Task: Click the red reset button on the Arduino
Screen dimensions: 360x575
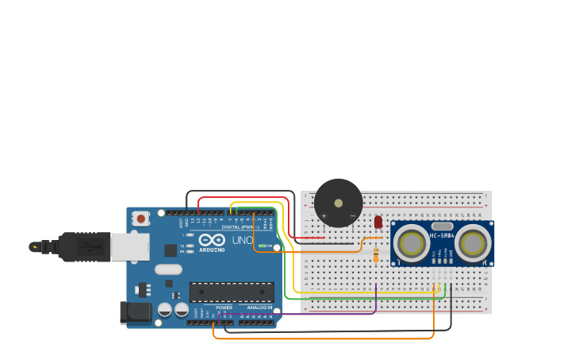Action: click(x=141, y=218)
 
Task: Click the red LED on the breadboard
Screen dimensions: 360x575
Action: click(x=378, y=223)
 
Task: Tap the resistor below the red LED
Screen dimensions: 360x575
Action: click(x=375, y=254)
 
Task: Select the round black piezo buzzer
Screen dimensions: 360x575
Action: click(x=339, y=203)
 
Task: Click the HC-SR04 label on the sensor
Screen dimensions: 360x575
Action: click(x=442, y=235)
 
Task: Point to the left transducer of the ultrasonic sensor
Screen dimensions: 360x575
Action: click(x=412, y=244)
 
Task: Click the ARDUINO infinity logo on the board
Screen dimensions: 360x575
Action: click(x=212, y=240)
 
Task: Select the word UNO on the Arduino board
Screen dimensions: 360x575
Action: click(x=242, y=240)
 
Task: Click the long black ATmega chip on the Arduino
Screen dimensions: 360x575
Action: click(x=232, y=292)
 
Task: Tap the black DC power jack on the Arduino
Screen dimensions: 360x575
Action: click(x=135, y=313)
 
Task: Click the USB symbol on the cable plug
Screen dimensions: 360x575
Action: click(x=93, y=246)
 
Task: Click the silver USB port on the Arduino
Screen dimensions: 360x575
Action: click(x=129, y=246)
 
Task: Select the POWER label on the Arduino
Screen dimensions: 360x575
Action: click(x=224, y=308)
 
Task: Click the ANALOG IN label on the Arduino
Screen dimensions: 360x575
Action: click(x=259, y=308)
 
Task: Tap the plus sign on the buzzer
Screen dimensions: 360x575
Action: click(x=324, y=215)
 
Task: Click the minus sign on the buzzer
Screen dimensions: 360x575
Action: click(x=353, y=215)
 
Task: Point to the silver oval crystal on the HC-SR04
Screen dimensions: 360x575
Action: click(x=442, y=226)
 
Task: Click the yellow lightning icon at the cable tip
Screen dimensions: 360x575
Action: click(x=34, y=246)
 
